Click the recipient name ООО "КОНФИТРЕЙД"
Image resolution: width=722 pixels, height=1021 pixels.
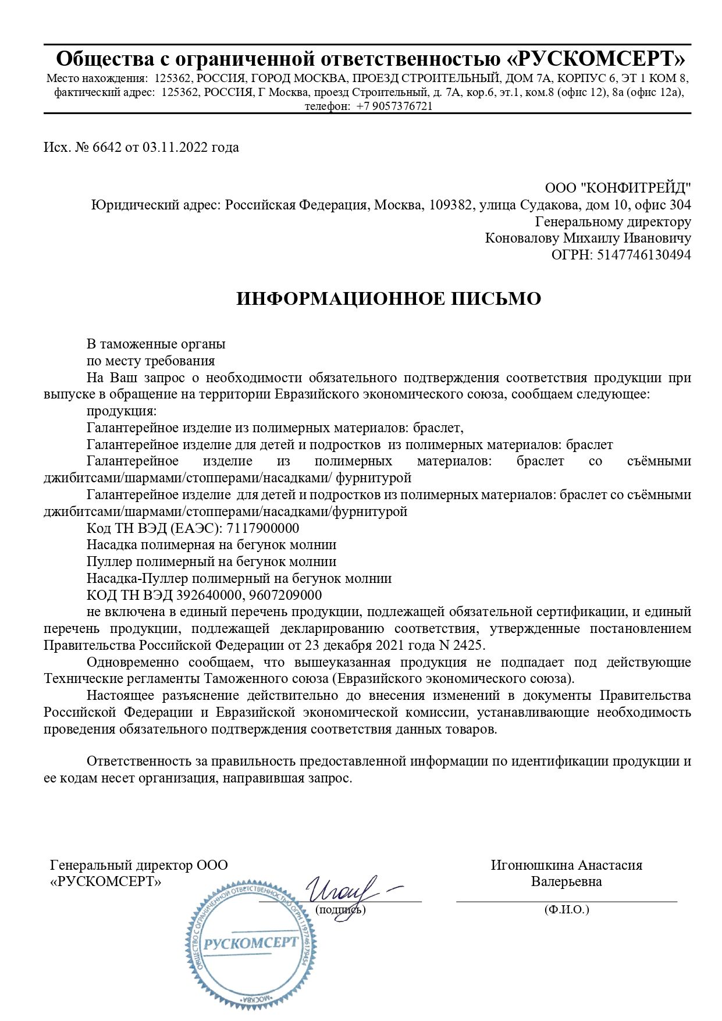[618, 188]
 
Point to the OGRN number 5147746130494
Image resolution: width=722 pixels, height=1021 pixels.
[644, 255]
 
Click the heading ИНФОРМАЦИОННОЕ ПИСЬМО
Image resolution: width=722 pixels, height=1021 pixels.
[389, 298]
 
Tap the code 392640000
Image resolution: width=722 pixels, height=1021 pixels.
[211, 595]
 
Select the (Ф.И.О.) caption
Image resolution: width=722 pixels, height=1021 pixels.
[566, 910]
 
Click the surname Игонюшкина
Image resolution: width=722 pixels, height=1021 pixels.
[533, 865]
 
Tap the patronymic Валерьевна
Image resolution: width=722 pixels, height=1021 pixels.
[566, 881]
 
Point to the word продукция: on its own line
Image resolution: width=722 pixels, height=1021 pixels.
[118, 411]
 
